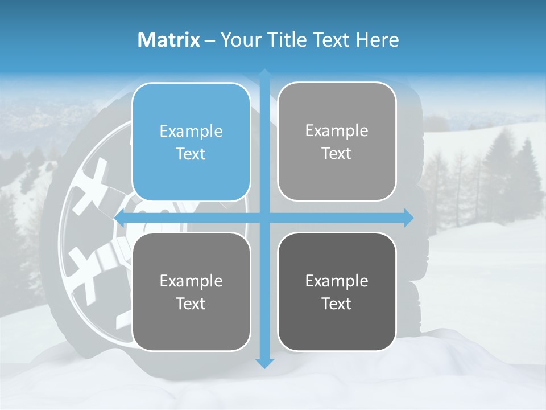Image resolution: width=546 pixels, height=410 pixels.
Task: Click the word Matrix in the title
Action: click(168, 40)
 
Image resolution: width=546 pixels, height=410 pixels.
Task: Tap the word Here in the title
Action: click(377, 40)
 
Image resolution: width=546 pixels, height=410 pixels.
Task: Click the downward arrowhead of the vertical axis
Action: click(264, 362)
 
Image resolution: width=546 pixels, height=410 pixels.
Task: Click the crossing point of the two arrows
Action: click(264, 218)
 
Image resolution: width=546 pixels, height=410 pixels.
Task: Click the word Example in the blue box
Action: click(191, 132)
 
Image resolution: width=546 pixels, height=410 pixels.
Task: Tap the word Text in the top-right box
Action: click(337, 154)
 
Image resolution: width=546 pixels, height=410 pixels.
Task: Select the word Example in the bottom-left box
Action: click(191, 281)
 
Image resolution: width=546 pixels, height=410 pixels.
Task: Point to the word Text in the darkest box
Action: click(337, 304)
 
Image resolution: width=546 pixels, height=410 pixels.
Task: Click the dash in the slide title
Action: click(210, 40)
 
